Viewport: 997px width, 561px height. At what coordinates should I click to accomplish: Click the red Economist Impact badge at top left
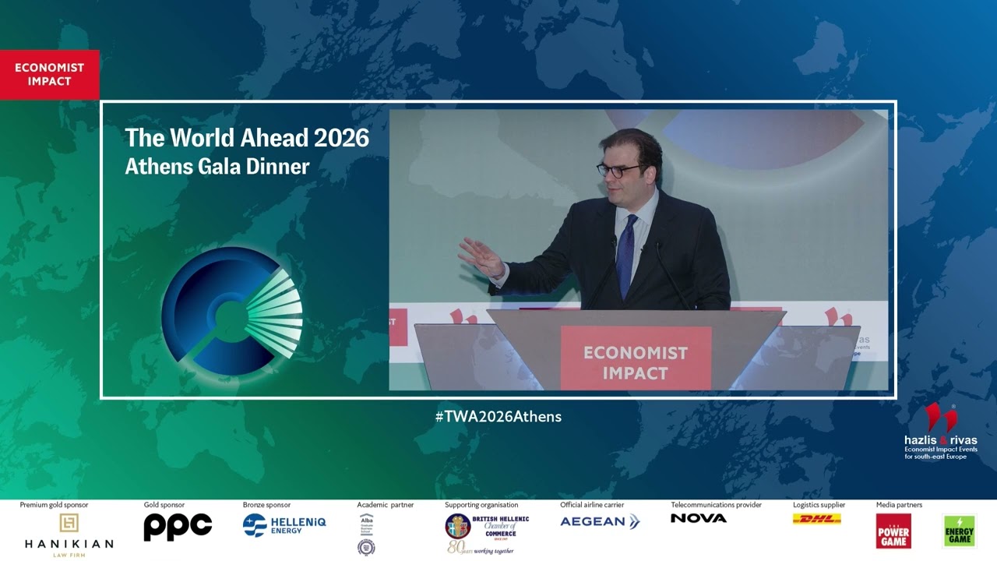49,75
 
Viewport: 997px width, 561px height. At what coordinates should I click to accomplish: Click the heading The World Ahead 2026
247,138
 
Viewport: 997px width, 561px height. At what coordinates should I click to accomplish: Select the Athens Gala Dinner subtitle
217,166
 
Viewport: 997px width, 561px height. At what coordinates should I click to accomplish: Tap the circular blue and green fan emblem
231,310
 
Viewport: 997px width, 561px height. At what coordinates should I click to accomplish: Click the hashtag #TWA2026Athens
498,416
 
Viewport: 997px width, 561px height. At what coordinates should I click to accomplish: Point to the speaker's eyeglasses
619,168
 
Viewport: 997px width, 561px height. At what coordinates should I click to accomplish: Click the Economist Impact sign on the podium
636,362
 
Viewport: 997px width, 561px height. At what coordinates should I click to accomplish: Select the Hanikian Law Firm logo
69,533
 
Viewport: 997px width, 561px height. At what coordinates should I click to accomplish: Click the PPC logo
178,527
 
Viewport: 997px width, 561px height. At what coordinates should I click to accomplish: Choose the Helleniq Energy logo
284,525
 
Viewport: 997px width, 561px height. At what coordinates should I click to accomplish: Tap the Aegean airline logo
600,521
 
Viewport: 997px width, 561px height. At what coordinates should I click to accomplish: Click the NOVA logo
699,518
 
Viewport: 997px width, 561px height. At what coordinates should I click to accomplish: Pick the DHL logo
816,519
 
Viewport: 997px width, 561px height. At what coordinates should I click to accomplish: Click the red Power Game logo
893,531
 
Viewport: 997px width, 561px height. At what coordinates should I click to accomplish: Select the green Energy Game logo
959,531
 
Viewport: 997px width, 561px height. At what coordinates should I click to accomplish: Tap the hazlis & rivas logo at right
940,432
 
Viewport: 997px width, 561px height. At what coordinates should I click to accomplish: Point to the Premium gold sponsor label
54,505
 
